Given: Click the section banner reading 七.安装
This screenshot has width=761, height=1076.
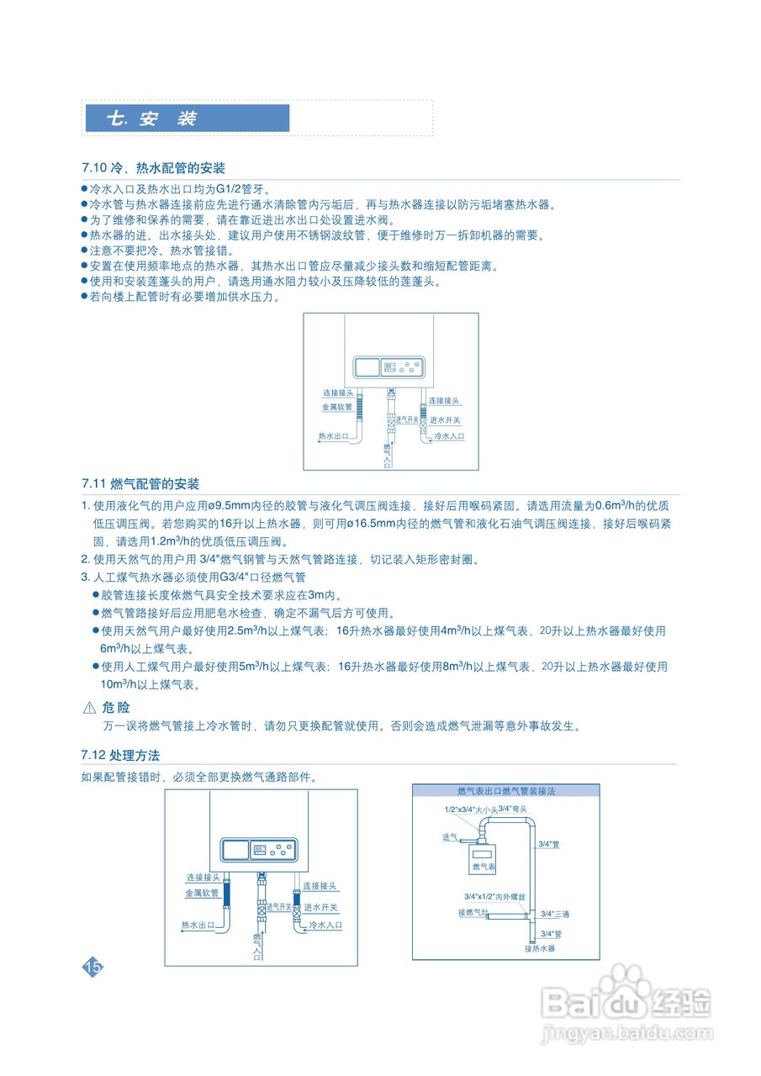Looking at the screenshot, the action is (187, 119).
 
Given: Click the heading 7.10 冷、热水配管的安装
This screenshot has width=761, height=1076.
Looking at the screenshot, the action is (153, 168).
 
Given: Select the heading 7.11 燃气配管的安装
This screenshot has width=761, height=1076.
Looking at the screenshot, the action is (140, 484).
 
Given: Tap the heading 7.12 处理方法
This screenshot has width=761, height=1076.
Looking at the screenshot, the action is (120, 755).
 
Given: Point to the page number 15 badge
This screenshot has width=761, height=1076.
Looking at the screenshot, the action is (92, 967).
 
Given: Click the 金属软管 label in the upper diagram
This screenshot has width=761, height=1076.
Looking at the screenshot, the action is (336, 407).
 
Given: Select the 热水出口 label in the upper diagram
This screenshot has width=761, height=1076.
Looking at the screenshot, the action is (332, 436).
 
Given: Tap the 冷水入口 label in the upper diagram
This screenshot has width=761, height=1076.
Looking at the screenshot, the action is (448, 437).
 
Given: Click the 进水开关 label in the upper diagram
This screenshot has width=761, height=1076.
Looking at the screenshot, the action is (446, 419).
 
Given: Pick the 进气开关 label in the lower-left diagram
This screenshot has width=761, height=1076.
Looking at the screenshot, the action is (278, 907).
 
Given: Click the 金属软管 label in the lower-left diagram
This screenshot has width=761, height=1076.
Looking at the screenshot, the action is (202, 894).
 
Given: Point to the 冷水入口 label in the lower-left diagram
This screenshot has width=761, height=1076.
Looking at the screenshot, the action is (325, 925).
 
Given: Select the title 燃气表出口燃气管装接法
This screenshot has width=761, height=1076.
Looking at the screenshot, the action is (506, 792).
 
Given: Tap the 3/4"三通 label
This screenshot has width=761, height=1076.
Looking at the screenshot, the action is (555, 914).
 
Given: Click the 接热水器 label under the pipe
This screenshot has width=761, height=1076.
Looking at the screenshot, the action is (540, 948).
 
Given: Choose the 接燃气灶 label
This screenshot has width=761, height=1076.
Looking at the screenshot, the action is (473, 912).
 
